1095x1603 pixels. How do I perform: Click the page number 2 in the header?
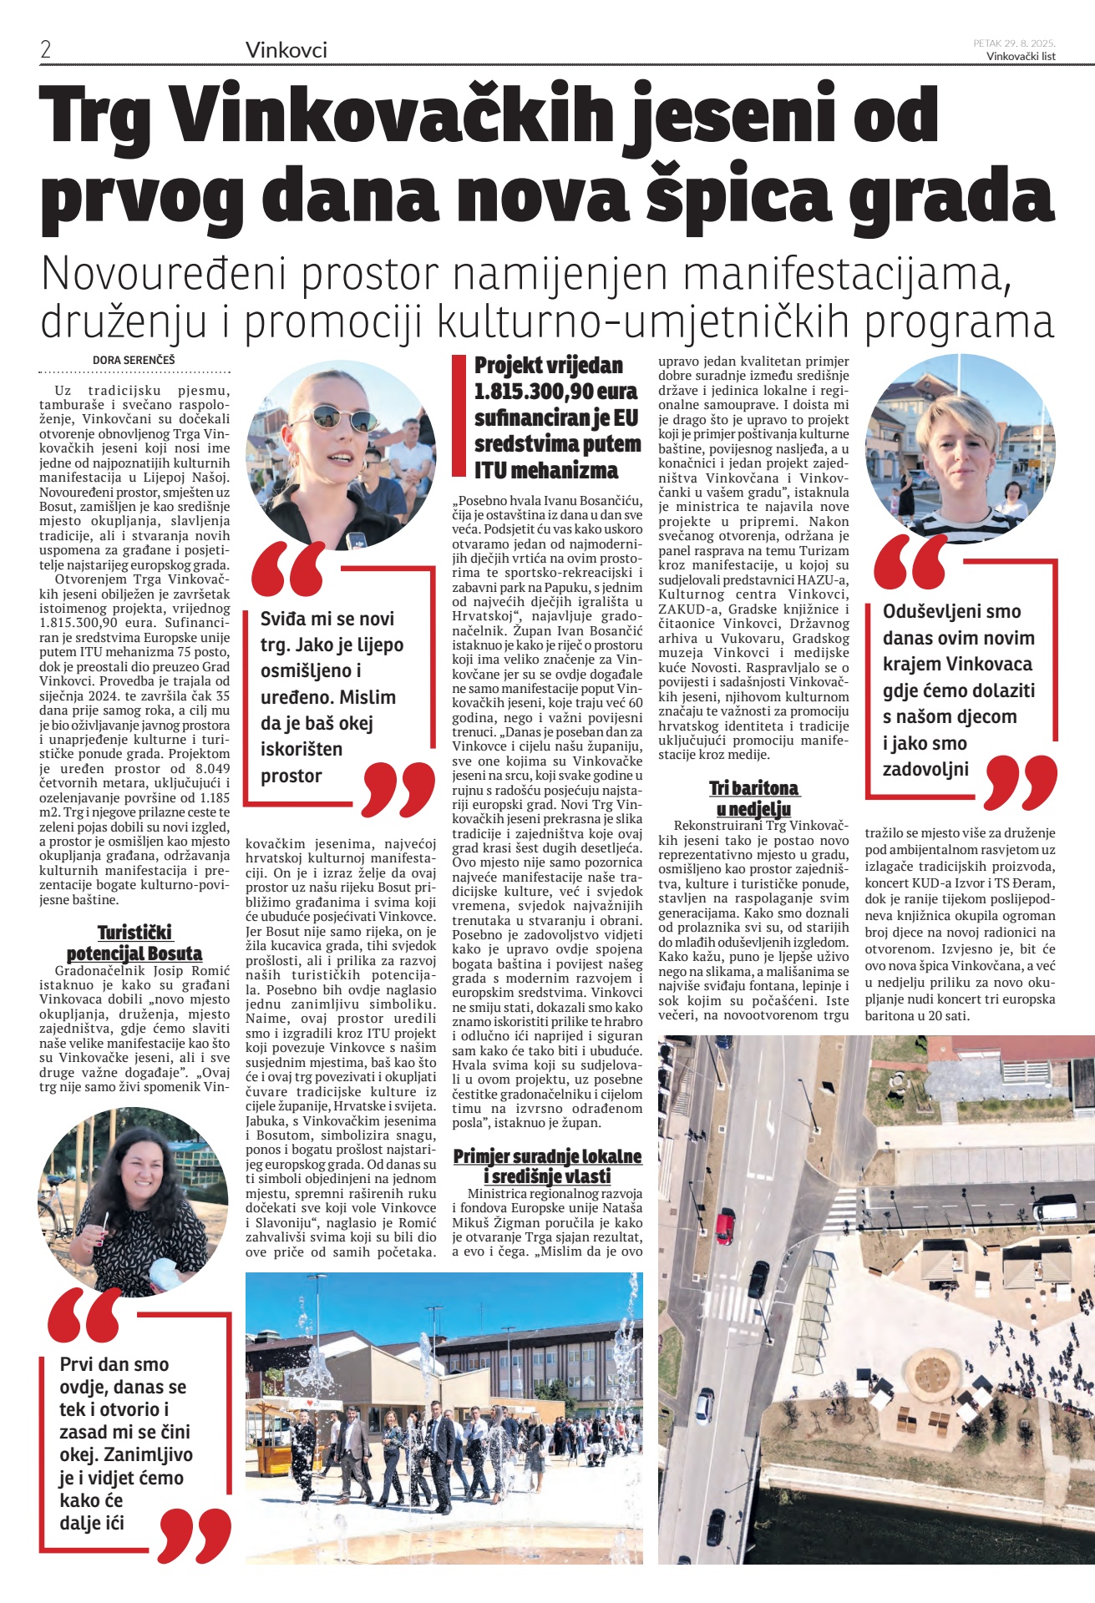point(46,49)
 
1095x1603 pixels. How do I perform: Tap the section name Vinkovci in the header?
point(286,50)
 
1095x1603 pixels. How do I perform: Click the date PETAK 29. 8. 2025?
point(1014,43)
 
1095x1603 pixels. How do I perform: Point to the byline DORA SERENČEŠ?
point(134,361)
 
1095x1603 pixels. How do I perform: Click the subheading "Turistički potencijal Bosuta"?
point(134,943)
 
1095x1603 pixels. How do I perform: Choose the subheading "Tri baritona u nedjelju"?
point(753,798)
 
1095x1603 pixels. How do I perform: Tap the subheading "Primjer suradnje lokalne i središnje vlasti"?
point(547,1166)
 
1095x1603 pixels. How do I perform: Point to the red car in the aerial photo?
point(725,1227)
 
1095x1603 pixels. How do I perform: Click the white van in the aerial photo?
point(1054,1208)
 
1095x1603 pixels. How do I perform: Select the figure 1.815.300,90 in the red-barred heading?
point(555,392)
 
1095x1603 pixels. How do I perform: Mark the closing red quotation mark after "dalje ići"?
point(194,1537)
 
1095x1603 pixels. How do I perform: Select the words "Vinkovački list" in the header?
point(1021,56)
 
